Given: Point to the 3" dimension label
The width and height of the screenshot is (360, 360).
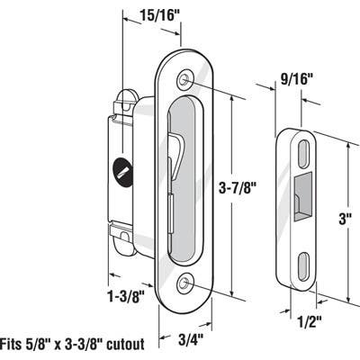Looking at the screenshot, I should pos(344,218).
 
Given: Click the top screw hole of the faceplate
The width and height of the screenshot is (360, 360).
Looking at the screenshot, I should pos(185,80).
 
